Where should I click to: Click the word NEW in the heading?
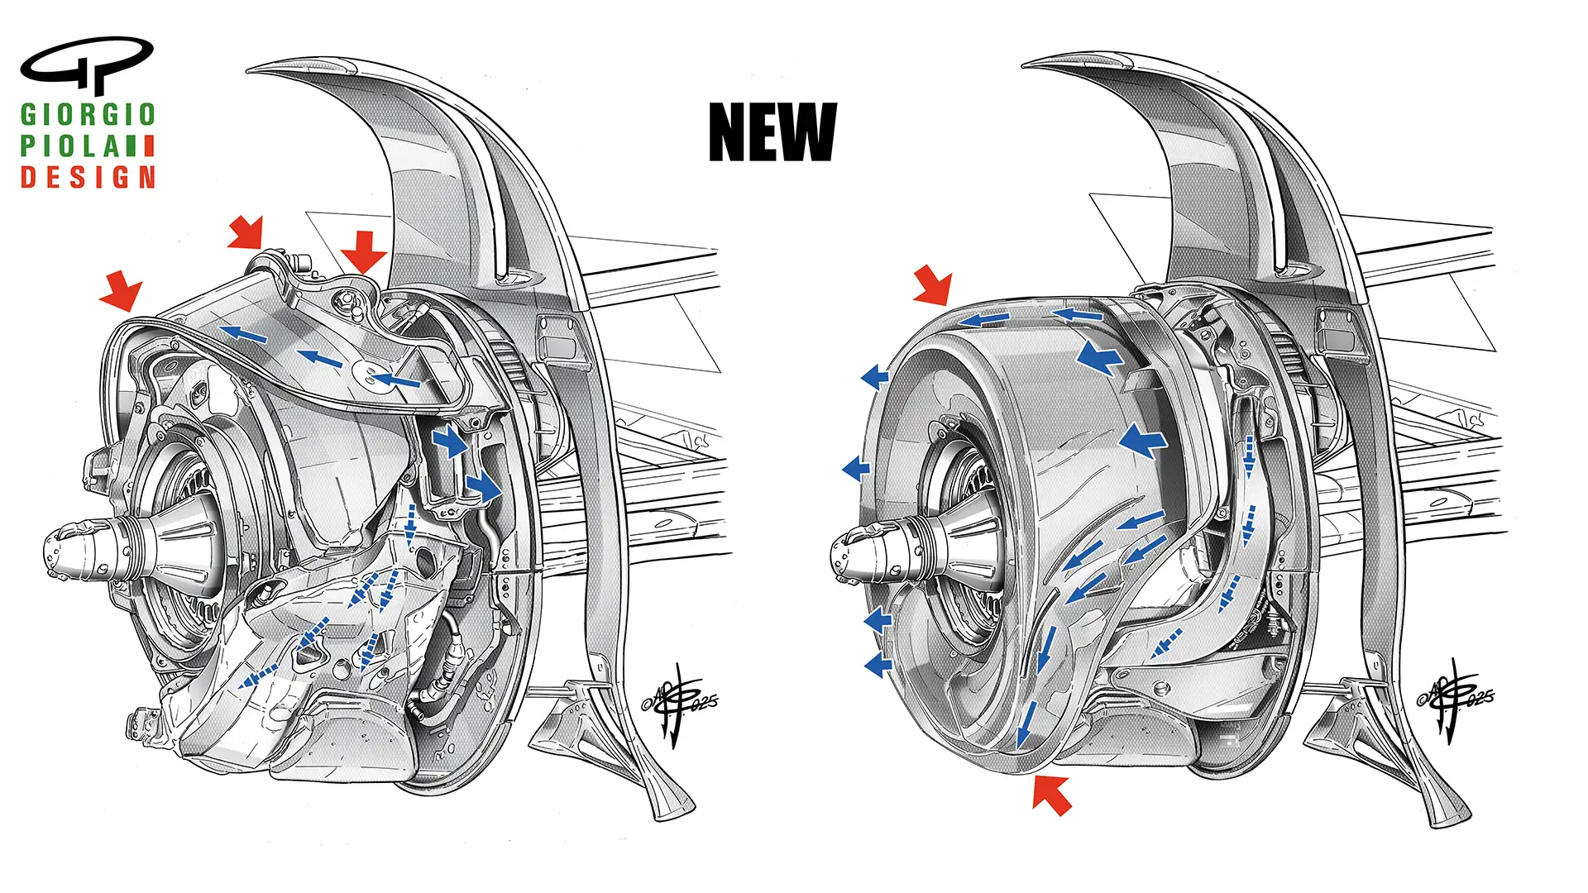point(772,132)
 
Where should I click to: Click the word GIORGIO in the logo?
point(88,115)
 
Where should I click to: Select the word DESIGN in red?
point(88,177)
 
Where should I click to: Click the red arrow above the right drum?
point(935,284)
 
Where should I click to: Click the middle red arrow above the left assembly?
point(247,232)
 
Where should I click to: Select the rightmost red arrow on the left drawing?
point(363,251)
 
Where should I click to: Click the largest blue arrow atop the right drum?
point(1100,357)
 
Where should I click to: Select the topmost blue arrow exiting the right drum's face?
point(874,378)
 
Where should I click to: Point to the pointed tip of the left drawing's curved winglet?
point(251,69)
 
